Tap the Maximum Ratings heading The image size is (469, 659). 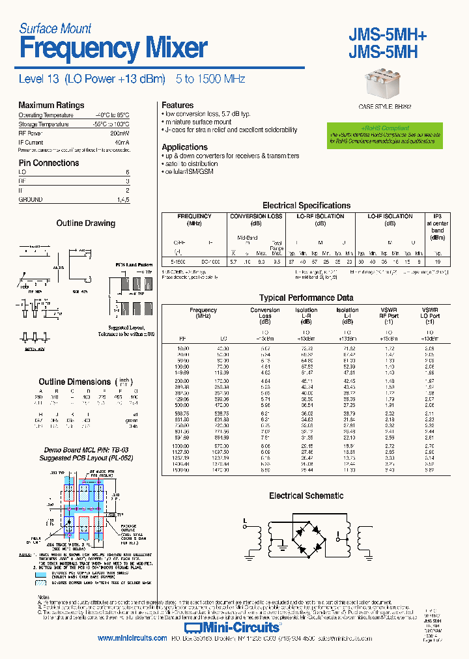[51, 105]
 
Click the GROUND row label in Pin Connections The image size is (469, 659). [31, 200]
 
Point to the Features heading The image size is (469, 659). [177, 105]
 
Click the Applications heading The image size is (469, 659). [184, 147]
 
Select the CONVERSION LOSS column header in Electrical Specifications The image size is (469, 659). [256, 216]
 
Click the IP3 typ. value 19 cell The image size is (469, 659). [438, 261]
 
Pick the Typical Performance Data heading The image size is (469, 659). [306, 298]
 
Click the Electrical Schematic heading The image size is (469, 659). [306, 496]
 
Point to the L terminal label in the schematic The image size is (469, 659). [245, 520]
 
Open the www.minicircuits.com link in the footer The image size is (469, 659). [132, 639]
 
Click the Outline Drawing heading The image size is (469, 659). [85, 223]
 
